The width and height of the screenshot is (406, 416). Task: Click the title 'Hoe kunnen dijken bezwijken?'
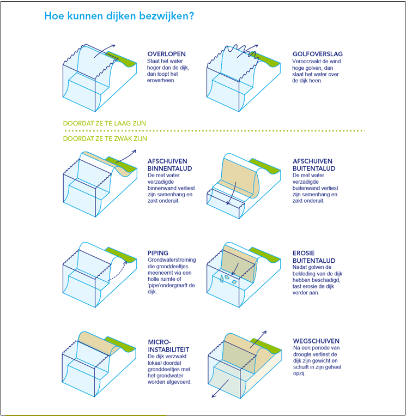click(118, 16)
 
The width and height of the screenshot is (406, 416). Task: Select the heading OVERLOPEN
click(166, 54)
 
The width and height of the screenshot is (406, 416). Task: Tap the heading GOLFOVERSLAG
click(317, 54)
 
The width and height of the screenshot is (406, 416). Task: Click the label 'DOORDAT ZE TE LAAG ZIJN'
click(105, 123)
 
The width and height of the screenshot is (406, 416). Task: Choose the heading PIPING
click(157, 253)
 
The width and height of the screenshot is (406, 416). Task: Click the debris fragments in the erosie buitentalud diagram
click(227, 279)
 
